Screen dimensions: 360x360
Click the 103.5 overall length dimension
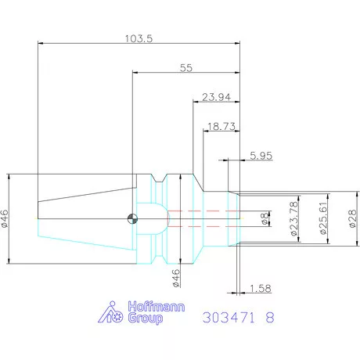(139, 38)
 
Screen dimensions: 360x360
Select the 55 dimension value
(186, 68)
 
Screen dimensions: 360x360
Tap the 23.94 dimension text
(216, 97)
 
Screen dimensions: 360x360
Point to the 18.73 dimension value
(221, 127)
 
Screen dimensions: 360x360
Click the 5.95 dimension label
(261, 156)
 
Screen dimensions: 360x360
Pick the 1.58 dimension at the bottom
(261, 289)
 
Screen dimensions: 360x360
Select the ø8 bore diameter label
(265, 218)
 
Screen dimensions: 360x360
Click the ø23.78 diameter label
(294, 218)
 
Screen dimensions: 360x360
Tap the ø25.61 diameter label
(323, 218)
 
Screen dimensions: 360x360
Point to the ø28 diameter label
(352, 218)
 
